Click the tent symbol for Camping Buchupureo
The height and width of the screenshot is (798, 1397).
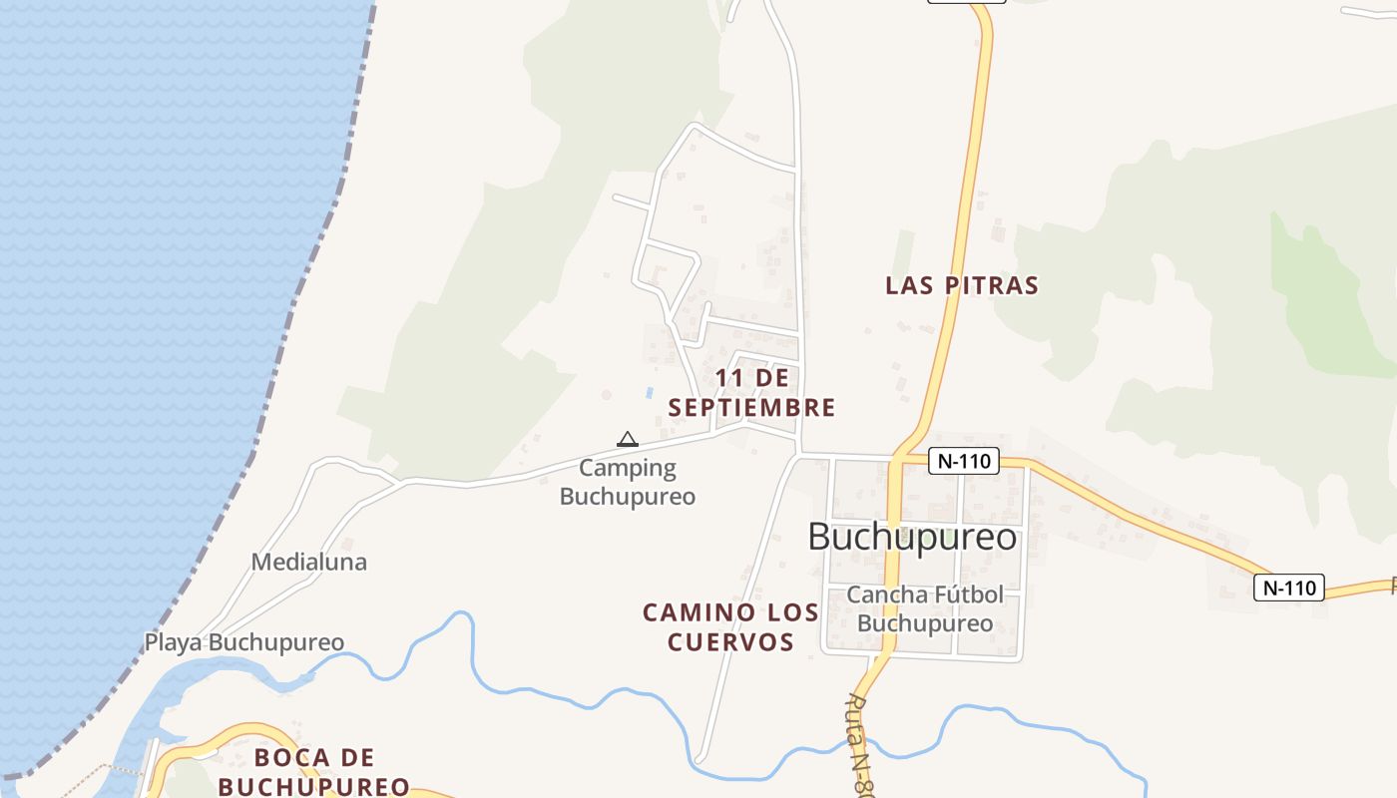pyautogui.click(x=627, y=439)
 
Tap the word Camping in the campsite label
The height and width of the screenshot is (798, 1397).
pyautogui.click(x=628, y=468)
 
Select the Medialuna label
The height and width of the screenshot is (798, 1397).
pyautogui.click(x=308, y=562)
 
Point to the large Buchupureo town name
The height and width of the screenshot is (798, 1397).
pyautogui.click(x=912, y=537)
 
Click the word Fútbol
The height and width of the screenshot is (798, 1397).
pyautogui.click(x=967, y=595)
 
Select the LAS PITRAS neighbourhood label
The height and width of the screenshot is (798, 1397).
pyautogui.click(x=962, y=285)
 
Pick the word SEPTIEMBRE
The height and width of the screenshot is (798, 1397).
pyautogui.click(x=751, y=407)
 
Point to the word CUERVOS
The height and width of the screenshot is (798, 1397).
pyautogui.click(x=730, y=641)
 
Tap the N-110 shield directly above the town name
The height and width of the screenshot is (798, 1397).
pyautogui.click(x=963, y=461)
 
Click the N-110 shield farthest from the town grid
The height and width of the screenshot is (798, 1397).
pyautogui.click(x=1288, y=588)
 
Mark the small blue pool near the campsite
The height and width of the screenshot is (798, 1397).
pyautogui.click(x=650, y=393)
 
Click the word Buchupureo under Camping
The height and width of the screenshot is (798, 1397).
pyautogui.click(x=627, y=496)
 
